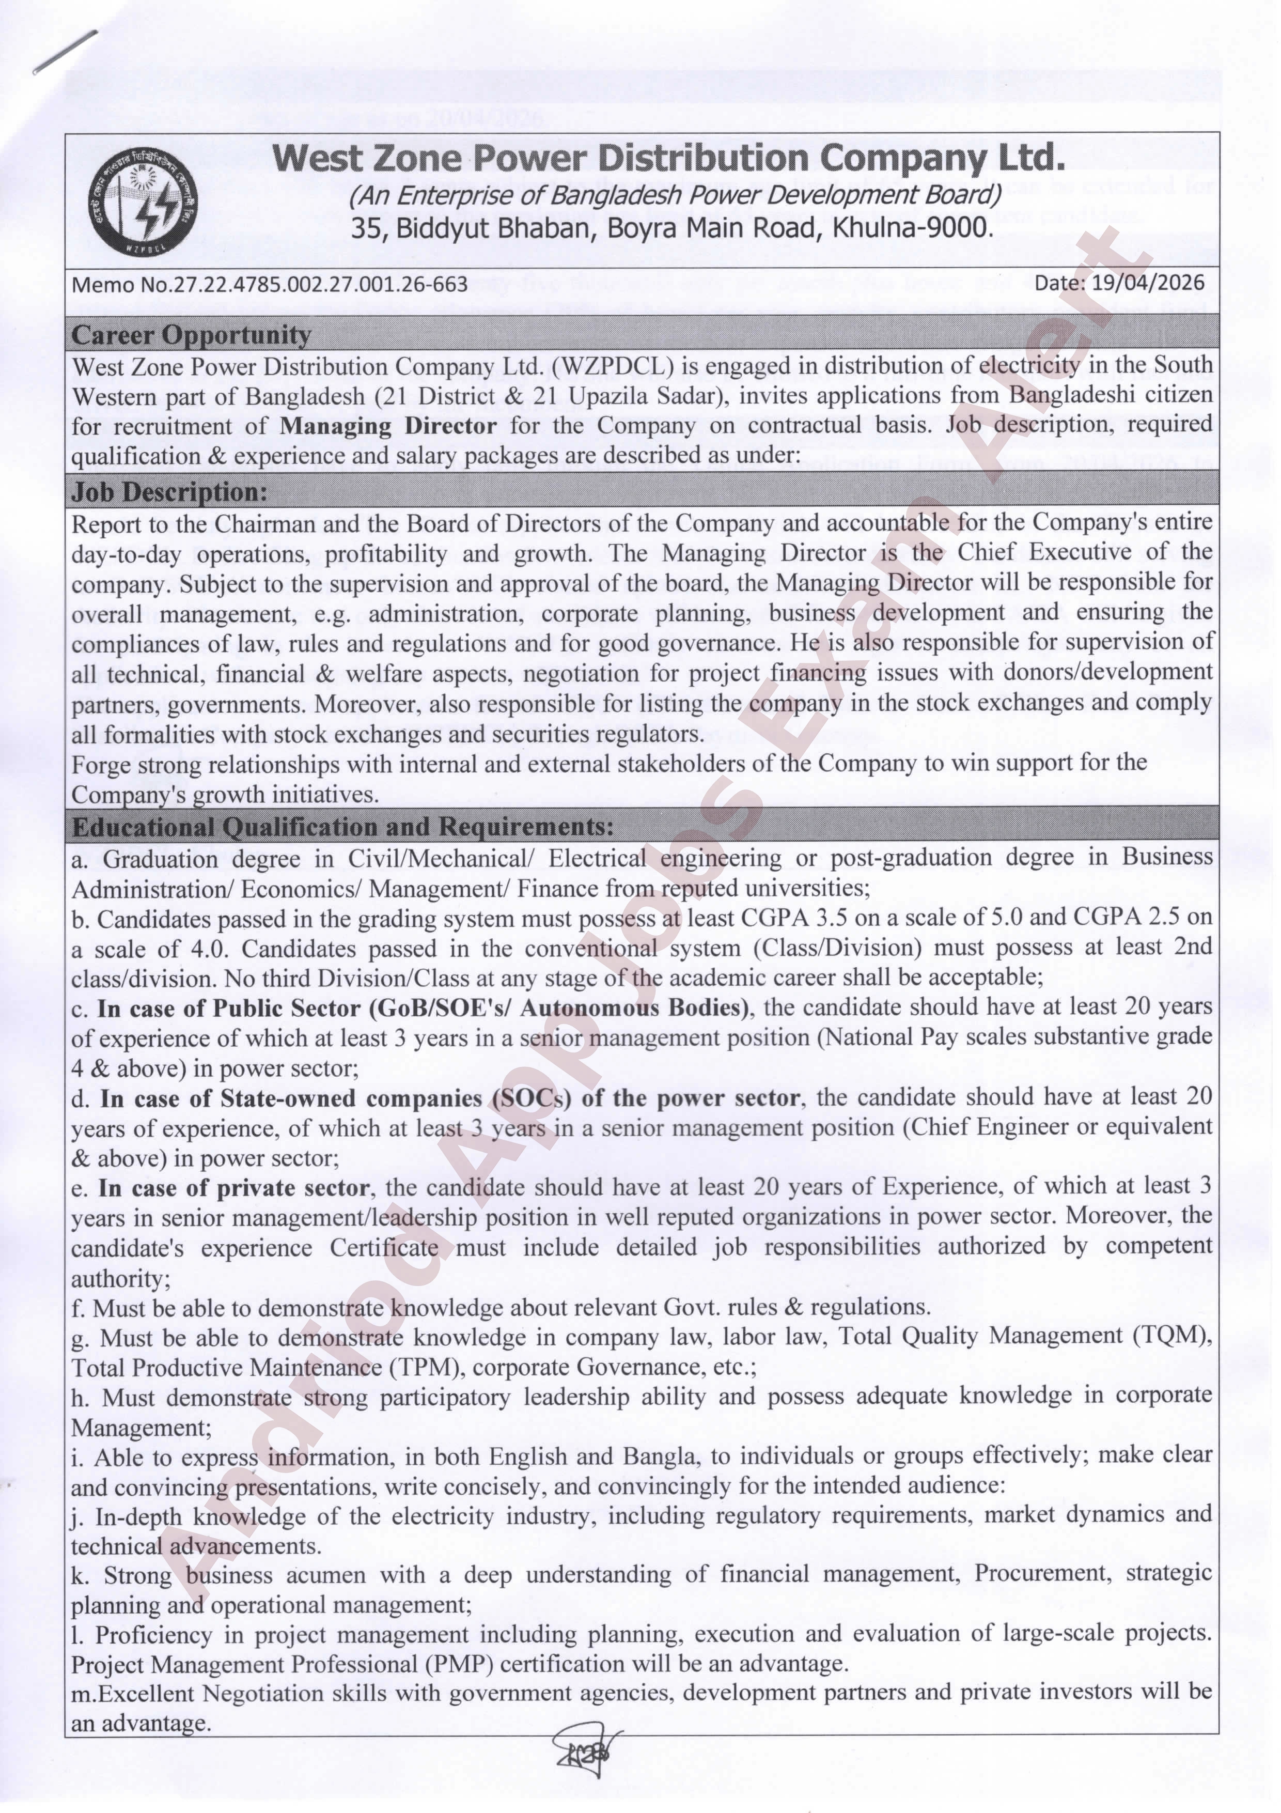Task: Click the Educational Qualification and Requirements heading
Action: point(342,827)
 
